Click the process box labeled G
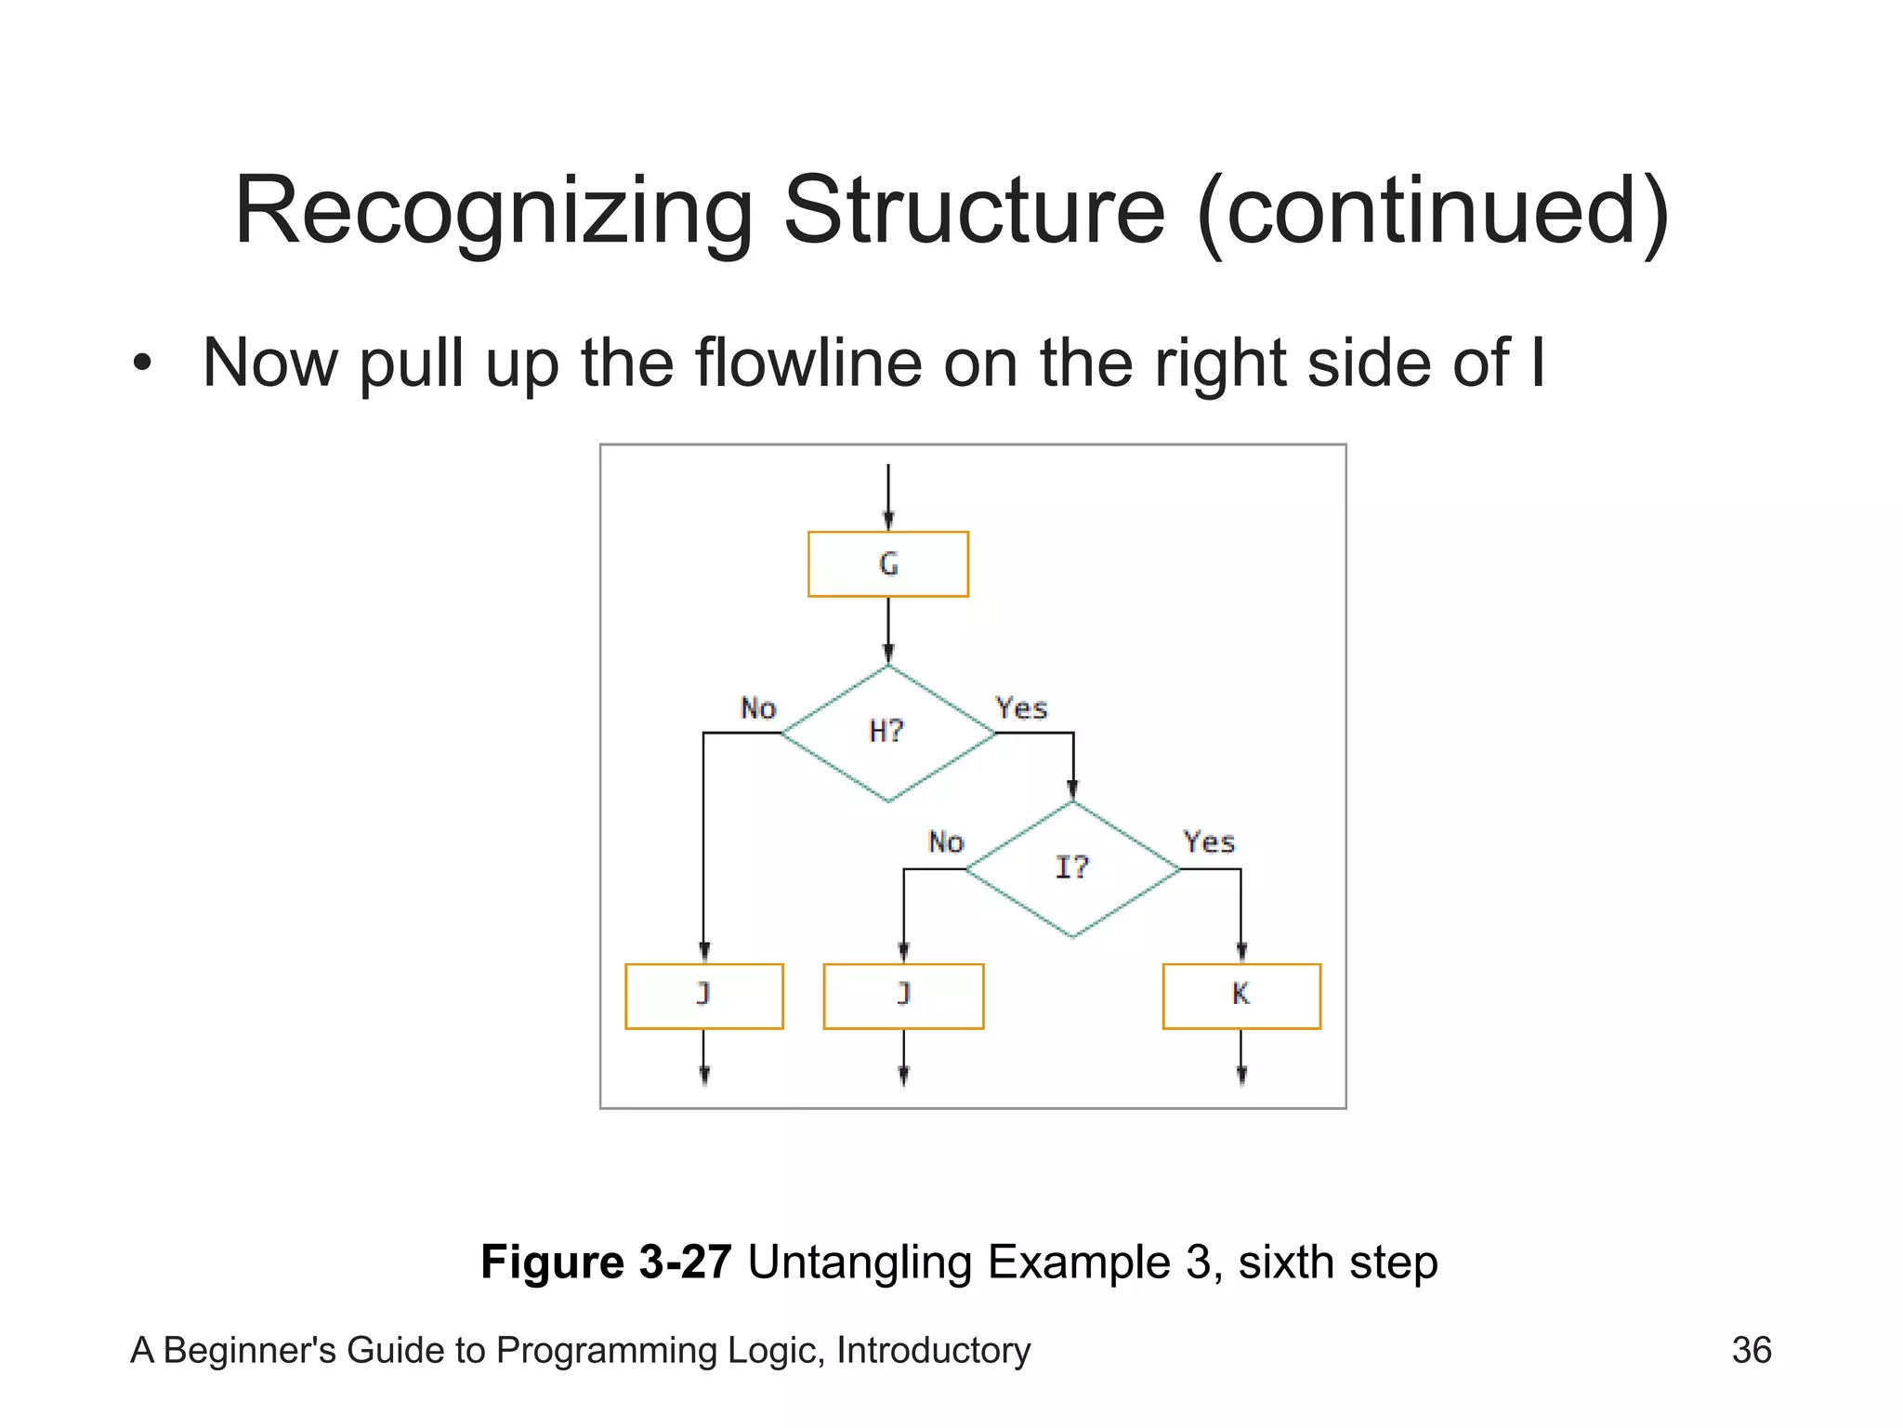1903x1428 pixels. pyautogui.click(x=887, y=563)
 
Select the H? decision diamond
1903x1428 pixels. pyautogui.click(x=887, y=733)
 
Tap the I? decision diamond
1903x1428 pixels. pyautogui.click(x=1072, y=868)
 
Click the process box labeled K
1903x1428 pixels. pyautogui.click(x=1240, y=996)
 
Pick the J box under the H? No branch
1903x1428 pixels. pyautogui.click(x=703, y=996)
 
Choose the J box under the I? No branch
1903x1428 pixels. pyautogui.click(x=903, y=996)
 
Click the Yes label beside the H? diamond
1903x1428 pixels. pyautogui.click(x=1021, y=708)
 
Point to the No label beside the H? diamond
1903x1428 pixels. pyautogui.click(x=757, y=708)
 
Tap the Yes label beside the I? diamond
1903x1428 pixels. pyautogui.click(x=1209, y=842)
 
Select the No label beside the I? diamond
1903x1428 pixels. pyautogui.click(x=946, y=842)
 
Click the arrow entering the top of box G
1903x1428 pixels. pyautogui.click(x=888, y=497)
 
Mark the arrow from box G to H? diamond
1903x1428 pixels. pyautogui.click(x=888, y=630)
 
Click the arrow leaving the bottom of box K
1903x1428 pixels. pyautogui.click(x=1241, y=1058)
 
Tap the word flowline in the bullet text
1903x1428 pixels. pyautogui.click(x=807, y=363)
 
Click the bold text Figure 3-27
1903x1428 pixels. pyautogui.click(x=606, y=1262)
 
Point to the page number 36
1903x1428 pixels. pyautogui.click(x=1752, y=1350)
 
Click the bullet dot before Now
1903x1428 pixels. pyautogui.click(x=141, y=363)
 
